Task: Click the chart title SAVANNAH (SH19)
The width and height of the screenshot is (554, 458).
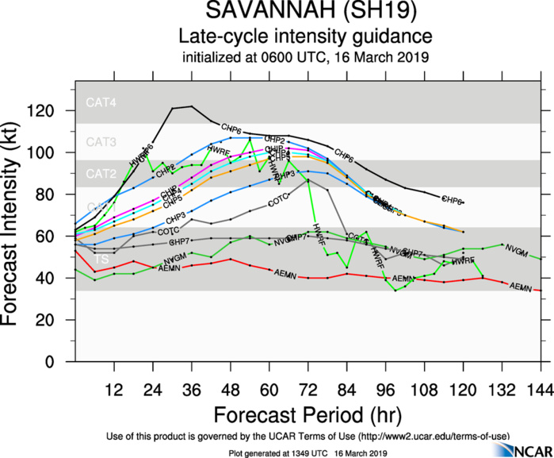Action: [305, 13]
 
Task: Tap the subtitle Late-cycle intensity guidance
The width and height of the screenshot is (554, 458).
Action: [305, 37]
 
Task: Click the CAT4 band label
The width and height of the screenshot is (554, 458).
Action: [101, 102]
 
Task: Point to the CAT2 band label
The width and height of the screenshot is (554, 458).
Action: [101, 174]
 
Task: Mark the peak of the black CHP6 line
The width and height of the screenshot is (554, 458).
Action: [191, 106]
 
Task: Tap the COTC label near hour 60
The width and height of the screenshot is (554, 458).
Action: [278, 204]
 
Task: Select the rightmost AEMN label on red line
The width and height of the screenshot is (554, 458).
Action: [521, 287]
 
